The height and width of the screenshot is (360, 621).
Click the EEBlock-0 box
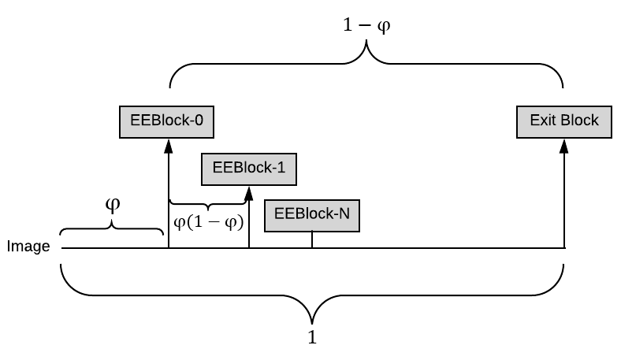click(167, 121)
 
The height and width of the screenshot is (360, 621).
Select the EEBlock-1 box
click(249, 167)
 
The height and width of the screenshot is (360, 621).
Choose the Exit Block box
click(563, 121)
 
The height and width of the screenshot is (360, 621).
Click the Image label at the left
click(28, 247)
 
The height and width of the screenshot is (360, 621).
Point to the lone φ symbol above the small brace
click(113, 206)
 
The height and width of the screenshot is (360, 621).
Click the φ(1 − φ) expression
click(209, 222)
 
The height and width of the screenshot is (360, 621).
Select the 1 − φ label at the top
click(366, 25)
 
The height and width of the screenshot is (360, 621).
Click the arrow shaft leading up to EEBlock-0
click(169, 197)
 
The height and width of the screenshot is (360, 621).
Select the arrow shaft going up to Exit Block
click(565, 197)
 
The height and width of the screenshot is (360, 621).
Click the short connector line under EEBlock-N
click(312, 240)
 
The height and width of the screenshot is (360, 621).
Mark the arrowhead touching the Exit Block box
click(565, 146)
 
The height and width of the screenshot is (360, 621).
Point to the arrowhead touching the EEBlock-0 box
click(169, 146)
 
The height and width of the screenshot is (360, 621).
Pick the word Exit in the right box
click(542, 121)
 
